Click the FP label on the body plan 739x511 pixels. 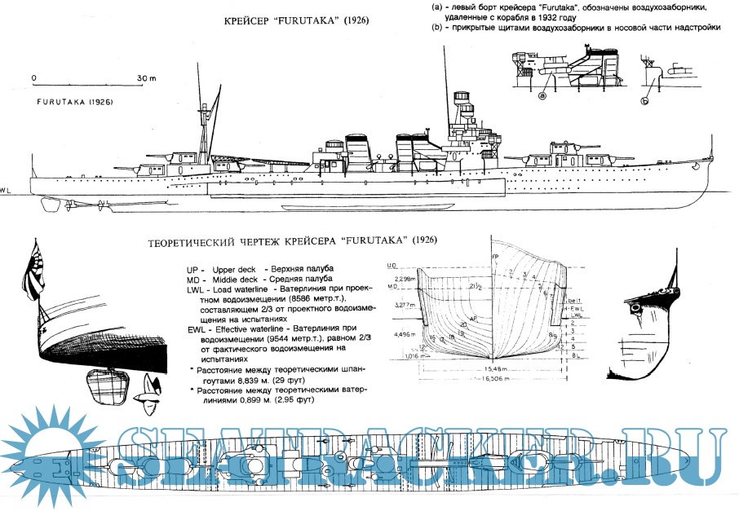click(495, 258)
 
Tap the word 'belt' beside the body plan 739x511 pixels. click(574, 301)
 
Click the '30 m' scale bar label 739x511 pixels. click(146, 78)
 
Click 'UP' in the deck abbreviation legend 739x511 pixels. click(192, 269)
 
